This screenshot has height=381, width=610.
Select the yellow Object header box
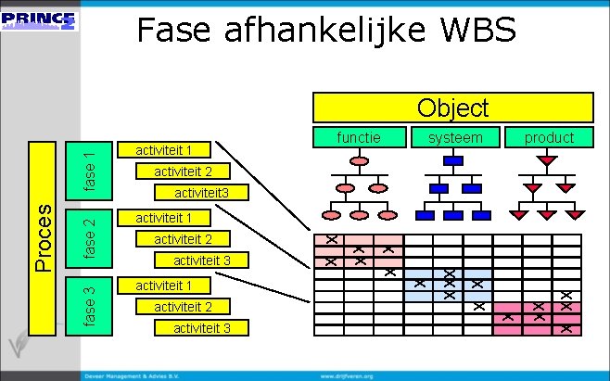pos(452,108)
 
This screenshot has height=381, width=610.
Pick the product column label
pos(549,137)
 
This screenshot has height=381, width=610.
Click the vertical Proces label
pos(43,237)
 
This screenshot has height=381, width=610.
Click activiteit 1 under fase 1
pos(164,150)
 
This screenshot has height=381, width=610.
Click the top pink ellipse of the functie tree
pos(359,160)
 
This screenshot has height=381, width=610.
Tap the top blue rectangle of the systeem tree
pos(453,160)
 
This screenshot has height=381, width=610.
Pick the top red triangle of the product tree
pos(548,160)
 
